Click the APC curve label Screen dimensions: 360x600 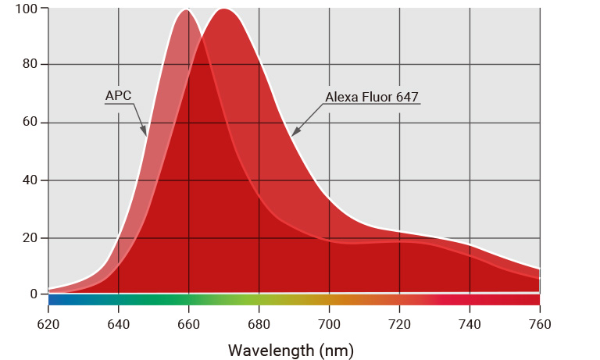click(x=118, y=96)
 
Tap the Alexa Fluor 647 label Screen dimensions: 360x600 click(x=371, y=98)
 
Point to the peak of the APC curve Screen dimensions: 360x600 click(x=187, y=9)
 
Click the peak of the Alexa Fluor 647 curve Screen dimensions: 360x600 click(x=223, y=9)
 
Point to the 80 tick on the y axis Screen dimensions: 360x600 click(x=30, y=65)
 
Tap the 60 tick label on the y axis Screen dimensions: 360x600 click(x=30, y=123)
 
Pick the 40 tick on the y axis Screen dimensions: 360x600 click(x=30, y=180)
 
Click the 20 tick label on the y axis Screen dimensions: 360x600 click(x=30, y=237)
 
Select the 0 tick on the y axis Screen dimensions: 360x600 click(x=34, y=294)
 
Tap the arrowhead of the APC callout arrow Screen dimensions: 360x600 click(x=145, y=134)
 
